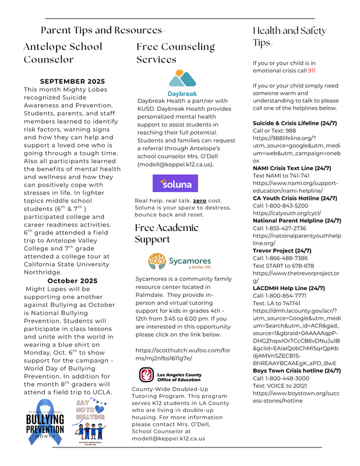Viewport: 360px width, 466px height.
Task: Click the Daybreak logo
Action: pos(182,83)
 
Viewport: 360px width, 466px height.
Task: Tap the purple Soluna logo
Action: pos(175,183)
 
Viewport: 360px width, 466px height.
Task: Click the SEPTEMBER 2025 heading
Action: pos(72,81)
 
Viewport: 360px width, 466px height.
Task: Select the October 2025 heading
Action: pos(72,281)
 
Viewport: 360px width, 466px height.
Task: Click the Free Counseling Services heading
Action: pos(176,52)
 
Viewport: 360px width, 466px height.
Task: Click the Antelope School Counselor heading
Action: pos(63,52)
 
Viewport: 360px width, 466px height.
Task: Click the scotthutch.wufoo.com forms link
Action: pos(175,354)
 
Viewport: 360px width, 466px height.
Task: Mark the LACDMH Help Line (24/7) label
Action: pos(288,288)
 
